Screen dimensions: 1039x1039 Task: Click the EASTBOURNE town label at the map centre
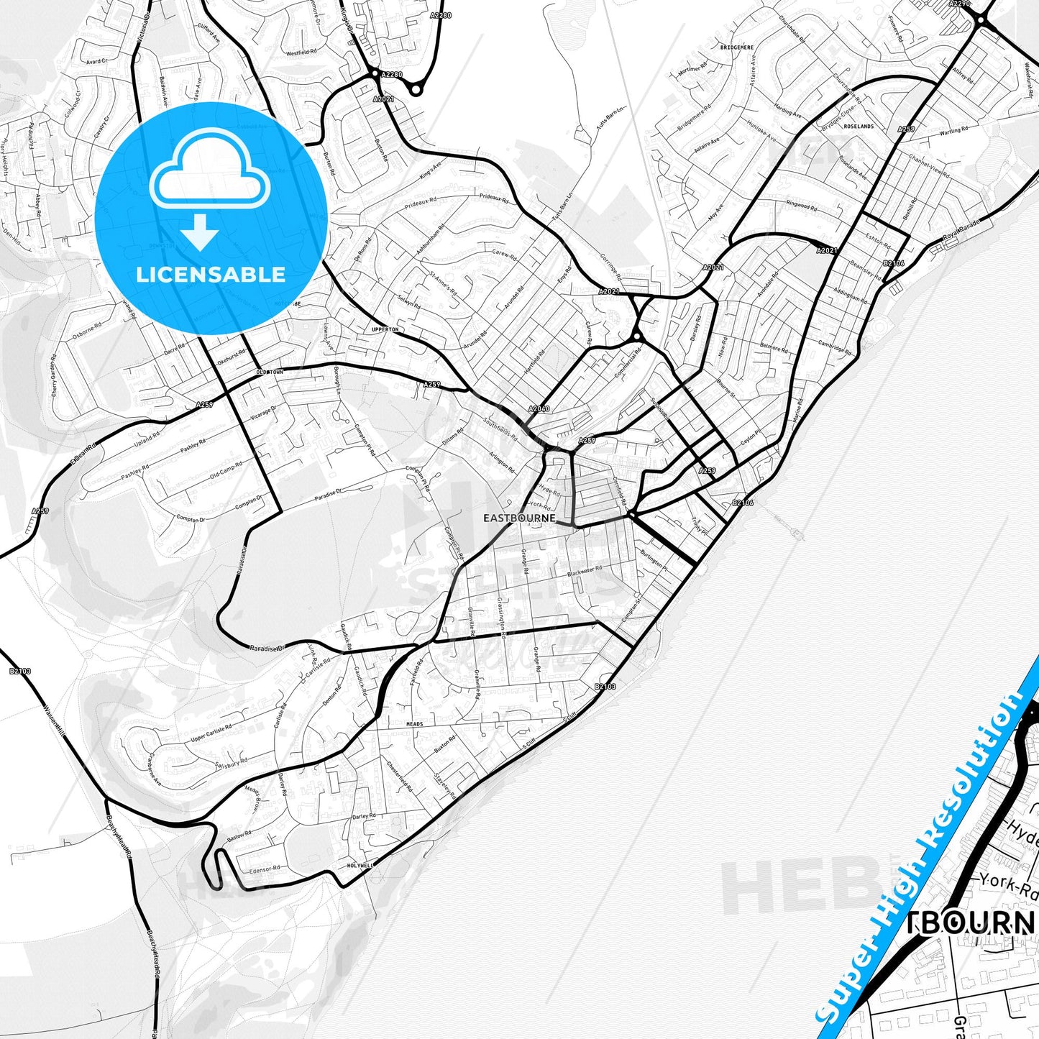tap(519, 518)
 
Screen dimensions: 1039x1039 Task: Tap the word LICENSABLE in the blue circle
tap(211, 275)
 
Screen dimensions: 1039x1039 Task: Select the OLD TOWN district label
tap(270, 372)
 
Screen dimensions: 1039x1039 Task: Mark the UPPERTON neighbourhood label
tap(385, 329)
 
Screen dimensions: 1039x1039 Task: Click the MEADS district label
tap(415, 724)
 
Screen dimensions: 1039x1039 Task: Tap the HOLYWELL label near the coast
tap(360, 866)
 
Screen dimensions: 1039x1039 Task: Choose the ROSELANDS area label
tap(859, 127)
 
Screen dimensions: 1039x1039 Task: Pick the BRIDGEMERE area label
tap(736, 47)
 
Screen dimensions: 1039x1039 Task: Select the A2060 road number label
tap(539, 409)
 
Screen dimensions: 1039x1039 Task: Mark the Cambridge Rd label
tap(834, 347)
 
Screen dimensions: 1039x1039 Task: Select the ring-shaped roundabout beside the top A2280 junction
tap(416, 89)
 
